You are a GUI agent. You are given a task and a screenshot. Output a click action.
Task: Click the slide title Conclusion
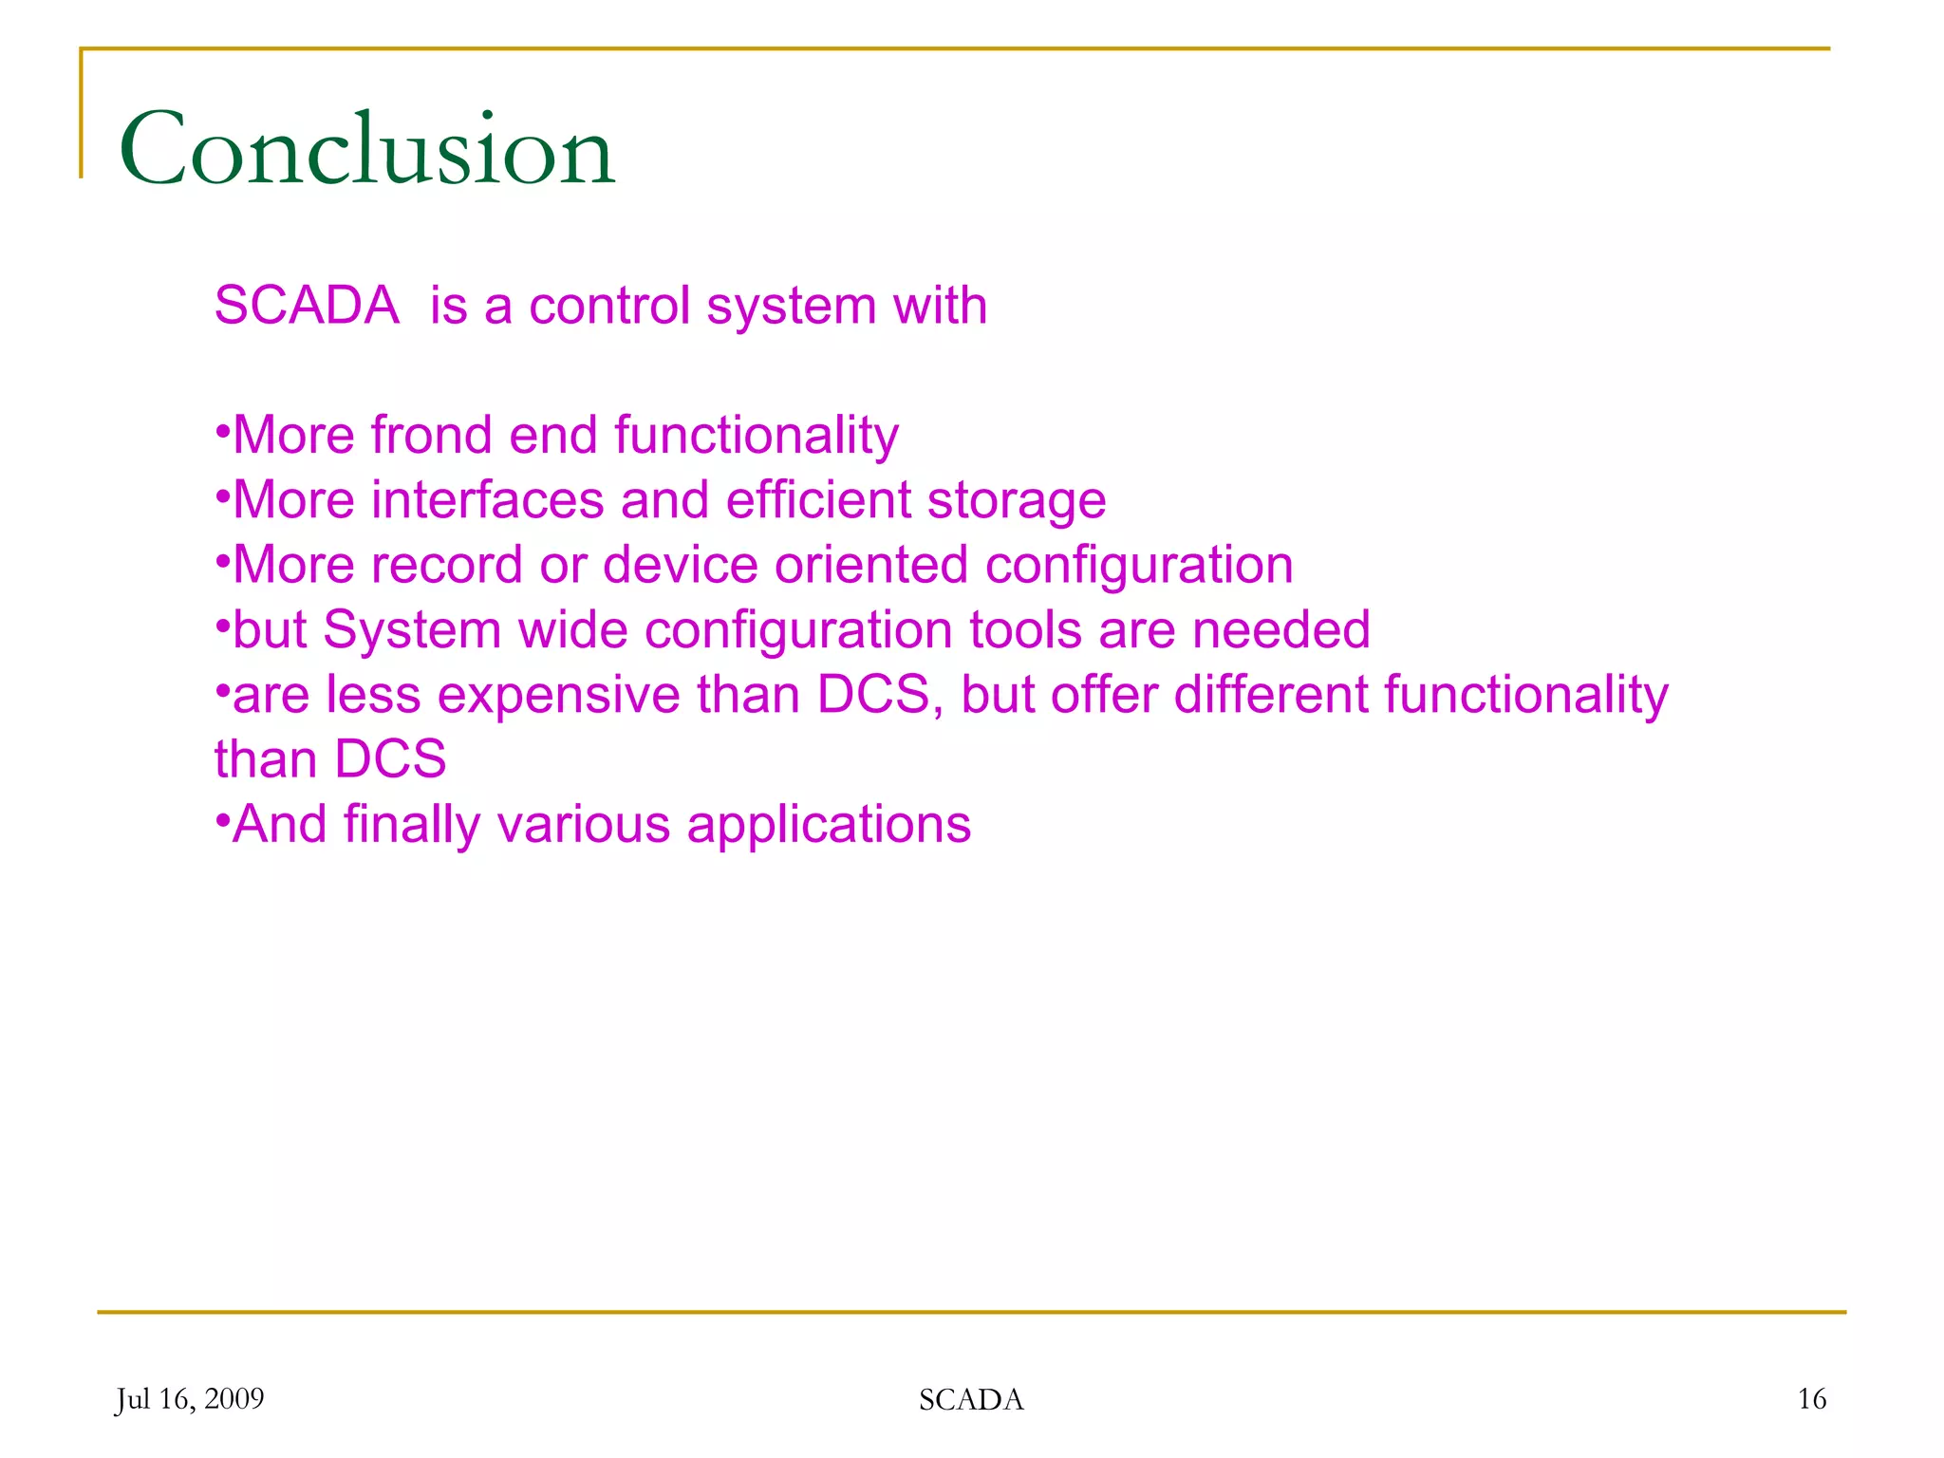click(366, 149)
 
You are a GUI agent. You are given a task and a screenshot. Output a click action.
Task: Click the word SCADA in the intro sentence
click(307, 306)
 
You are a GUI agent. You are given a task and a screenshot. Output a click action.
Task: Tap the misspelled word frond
click(431, 436)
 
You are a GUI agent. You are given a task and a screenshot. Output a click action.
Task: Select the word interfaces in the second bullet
click(487, 500)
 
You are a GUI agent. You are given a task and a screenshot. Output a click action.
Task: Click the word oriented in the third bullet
click(871, 565)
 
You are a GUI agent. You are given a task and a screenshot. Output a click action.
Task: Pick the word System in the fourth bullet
click(412, 631)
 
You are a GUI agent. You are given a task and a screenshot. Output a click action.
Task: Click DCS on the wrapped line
click(390, 759)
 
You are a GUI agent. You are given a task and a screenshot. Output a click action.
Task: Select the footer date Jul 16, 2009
click(190, 1399)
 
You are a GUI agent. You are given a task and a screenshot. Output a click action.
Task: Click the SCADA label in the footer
click(971, 1400)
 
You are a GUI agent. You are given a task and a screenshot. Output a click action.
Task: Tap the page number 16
click(1811, 1399)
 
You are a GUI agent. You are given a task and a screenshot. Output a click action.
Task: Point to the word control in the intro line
click(608, 306)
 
